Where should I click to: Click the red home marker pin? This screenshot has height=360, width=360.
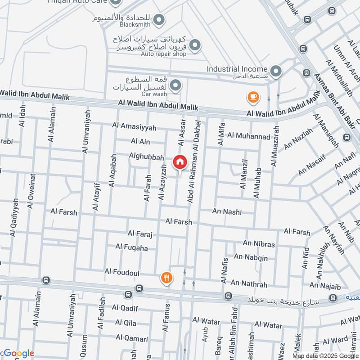(x=180, y=162)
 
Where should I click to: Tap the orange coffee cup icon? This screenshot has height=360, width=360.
(x=253, y=97)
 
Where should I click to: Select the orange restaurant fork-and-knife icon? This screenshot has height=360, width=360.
(x=167, y=278)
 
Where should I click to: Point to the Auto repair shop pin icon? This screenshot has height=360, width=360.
(x=195, y=45)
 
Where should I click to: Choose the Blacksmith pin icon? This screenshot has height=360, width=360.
(x=158, y=20)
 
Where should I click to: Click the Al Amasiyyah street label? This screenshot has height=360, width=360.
(x=134, y=127)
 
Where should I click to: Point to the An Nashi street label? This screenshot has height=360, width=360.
(x=227, y=211)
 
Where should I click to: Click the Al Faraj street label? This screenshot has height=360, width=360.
(x=140, y=234)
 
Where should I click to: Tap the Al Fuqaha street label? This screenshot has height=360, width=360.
(x=131, y=247)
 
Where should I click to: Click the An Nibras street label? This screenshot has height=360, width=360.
(x=259, y=244)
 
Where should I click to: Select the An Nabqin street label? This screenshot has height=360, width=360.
(x=251, y=257)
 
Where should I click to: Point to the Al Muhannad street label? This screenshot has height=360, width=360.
(x=248, y=135)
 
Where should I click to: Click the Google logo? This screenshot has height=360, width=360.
(x=18, y=353)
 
